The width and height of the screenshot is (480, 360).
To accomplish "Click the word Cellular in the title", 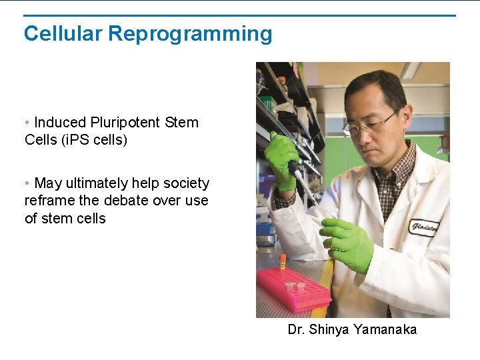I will point(63,33).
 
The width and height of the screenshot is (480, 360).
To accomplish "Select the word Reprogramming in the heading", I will point(190,34).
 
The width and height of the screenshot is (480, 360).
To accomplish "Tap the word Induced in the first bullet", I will point(60,123).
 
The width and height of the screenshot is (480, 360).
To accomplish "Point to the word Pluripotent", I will point(127,123).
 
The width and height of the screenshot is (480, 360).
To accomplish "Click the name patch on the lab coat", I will point(424,227).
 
